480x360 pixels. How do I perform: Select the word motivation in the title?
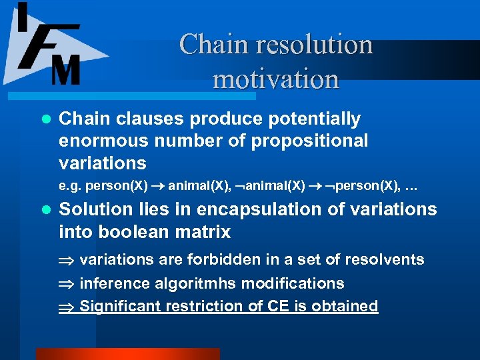click(x=276, y=79)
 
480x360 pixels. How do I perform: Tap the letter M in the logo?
click(x=65, y=69)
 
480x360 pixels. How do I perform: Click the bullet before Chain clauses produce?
click(x=45, y=119)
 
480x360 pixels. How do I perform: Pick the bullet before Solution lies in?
click(x=45, y=210)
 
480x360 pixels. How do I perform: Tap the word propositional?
click(x=313, y=141)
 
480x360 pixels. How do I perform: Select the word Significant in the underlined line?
click(x=123, y=306)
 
